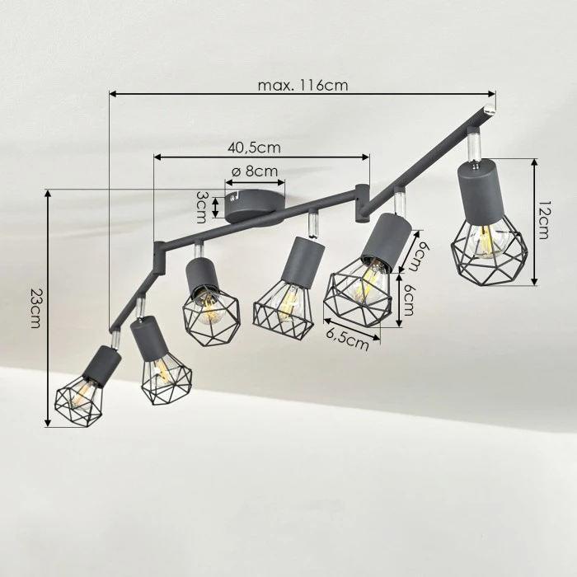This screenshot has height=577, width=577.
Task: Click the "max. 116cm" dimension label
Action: pyautogui.click(x=303, y=86)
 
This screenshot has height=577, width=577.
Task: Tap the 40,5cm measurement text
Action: pyautogui.click(x=254, y=148)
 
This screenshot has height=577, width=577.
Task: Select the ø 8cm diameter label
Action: pyautogui.click(x=255, y=171)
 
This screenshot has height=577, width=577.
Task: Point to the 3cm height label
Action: pyautogui.click(x=201, y=207)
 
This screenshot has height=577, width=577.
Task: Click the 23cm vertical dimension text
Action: pyautogui.click(x=35, y=308)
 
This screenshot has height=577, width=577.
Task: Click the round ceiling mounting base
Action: pyautogui.click(x=255, y=206)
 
